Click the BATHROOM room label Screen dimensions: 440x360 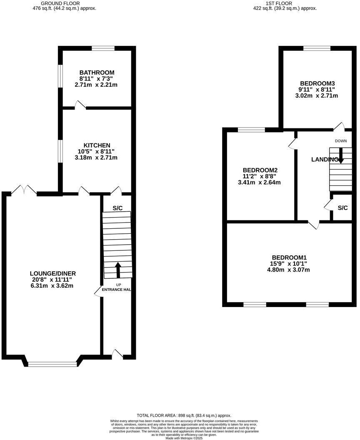click(x=97, y=72)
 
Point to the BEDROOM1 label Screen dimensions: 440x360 click(x=289, y=257)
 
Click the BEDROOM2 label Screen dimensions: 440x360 click(x=260, y=170)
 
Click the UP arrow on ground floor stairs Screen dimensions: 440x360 click(x=118, y=270)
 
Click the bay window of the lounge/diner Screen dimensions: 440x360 click(x=52, y=364)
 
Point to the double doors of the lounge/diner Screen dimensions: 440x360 click(x=24, y=190)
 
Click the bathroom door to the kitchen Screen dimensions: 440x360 click(x=80, y=105)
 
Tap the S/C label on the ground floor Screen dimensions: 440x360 click(x=118, y=208)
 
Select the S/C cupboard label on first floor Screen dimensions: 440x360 click(x=342, y=207)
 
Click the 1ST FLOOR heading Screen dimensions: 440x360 click(x=285, y=3)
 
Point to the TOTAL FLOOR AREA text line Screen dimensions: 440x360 click(x=184, y=415)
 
